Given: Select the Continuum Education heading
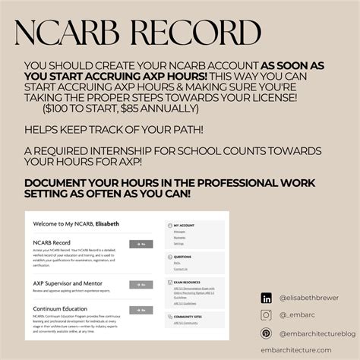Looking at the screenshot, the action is click(62, 308).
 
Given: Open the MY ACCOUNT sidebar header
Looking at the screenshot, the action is click(183, 226).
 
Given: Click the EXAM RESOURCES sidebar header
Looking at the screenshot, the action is click(187, 281).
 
